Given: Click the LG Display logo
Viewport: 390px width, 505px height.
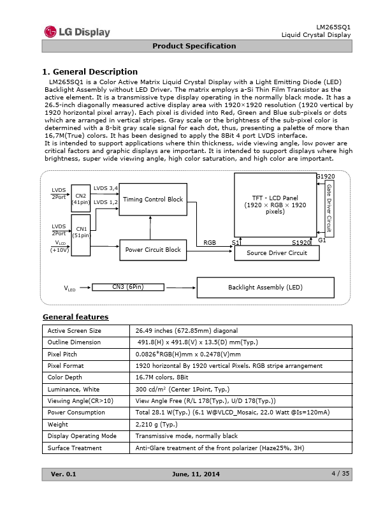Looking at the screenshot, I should coord(77,32).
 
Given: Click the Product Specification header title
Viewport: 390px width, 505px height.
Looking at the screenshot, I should coord(194,46).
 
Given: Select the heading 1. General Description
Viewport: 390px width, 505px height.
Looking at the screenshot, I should coord(90,71).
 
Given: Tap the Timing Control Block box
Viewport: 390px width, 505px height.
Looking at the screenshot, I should coord(153,200).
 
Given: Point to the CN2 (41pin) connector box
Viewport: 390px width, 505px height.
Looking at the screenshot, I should coord(81,198).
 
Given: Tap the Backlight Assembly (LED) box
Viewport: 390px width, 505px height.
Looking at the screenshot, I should coord(265,288).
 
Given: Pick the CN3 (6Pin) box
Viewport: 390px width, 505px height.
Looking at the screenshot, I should coord(127,287).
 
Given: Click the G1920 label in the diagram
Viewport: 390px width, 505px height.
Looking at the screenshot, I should coord(326,176).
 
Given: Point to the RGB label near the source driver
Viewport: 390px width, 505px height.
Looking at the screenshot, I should coord(210,242).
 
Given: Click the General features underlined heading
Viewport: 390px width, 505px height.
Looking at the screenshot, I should coord(75,317).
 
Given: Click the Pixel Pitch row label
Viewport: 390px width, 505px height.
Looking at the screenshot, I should coord(62,354).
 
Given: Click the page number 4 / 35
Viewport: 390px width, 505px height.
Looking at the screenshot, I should coord(341,472).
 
